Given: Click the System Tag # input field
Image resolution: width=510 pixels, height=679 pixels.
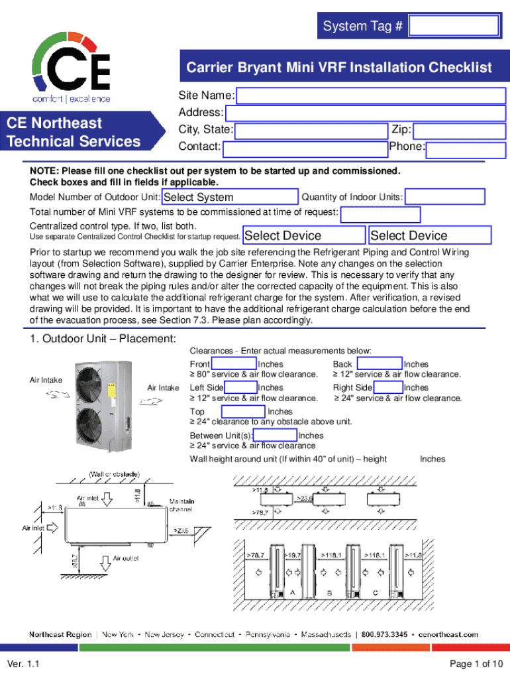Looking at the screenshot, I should [454, 26].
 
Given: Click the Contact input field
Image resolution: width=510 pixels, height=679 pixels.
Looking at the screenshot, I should [304, 147].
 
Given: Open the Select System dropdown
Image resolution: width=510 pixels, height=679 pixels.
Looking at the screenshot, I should [230, 197].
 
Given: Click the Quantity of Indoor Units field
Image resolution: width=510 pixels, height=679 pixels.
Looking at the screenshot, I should [445, 197].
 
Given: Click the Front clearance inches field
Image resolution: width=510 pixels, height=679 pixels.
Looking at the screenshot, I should [233, 364].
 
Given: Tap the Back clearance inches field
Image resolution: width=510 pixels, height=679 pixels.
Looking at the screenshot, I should [379, 364].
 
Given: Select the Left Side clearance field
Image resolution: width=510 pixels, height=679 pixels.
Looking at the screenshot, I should [241, 387].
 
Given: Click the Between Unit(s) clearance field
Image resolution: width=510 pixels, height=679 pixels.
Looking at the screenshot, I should [276, 436].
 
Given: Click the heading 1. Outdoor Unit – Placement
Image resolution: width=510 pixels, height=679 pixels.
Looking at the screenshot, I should [103, 339].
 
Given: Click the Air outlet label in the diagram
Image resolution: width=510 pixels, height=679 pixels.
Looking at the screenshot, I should [126, 558].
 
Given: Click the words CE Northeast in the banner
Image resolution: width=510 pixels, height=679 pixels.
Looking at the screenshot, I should [54, 123].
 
